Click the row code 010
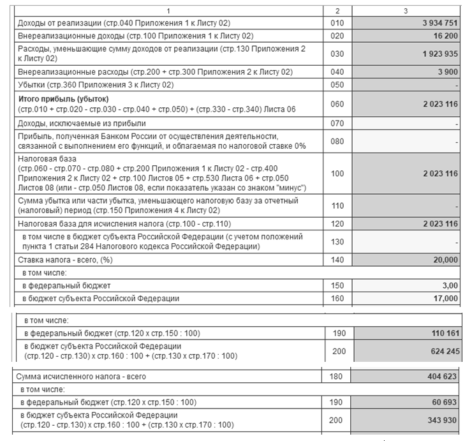coord(337,24)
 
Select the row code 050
coord(337,85)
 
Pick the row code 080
coord(337,141)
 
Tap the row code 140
coord(337,260)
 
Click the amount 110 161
coord(443,333)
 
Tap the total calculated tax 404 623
coord(443,377)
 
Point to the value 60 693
coord(445,402)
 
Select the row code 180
coord(337,377)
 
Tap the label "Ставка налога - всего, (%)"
coord(64,260)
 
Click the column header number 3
coord(406,11)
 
